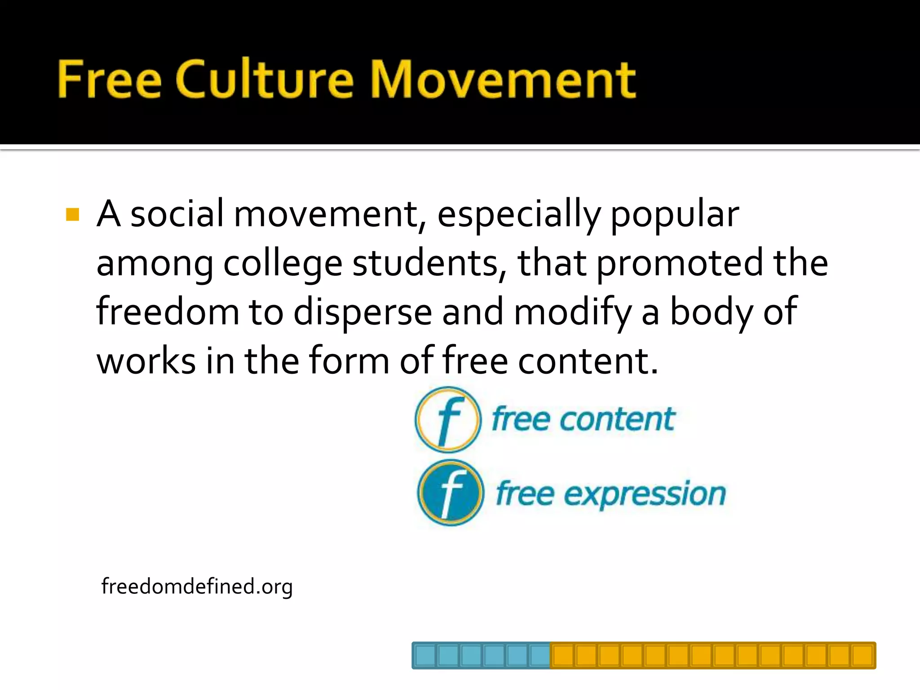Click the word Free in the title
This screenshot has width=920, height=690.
(x=109, y=80)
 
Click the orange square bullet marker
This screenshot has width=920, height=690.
(x=72, y=215)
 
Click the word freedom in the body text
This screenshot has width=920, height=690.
(x=168, y=312)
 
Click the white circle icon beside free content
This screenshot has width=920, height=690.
(x=448, y=420)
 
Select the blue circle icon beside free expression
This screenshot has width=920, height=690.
(x=451, y=493)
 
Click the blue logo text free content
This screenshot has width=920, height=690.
(x=583, y=419)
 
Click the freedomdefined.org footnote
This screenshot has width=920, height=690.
(x=197, y=586)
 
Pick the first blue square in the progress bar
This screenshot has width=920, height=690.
(x=425, y=655)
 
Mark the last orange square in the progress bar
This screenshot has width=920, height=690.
(x=862, y=655)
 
